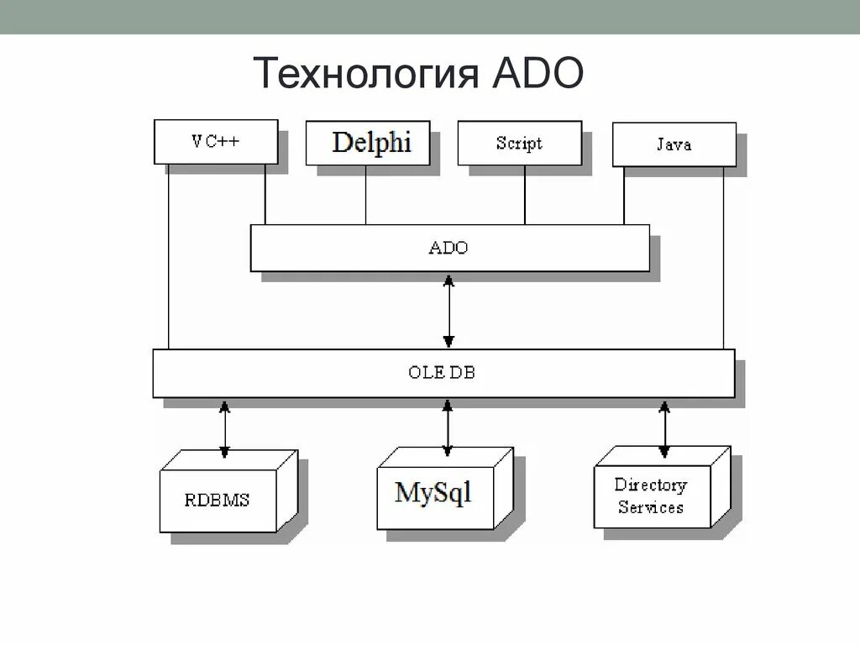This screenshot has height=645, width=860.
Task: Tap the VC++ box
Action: point(216,141)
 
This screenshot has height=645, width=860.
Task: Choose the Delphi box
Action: point(370,143)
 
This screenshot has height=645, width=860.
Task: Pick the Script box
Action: point(519,143)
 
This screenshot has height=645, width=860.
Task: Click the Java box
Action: point(674,144)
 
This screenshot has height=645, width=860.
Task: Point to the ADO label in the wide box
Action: point(448,248)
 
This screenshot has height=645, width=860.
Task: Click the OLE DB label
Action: point(442,373)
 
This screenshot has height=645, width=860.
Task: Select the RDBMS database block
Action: point(218,501)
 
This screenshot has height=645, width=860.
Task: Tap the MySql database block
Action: point(433,492)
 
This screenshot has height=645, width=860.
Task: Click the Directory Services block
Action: point(651,496)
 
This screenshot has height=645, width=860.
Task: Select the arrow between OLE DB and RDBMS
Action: point(224,428)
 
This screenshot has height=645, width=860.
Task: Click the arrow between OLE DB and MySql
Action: point(448,427)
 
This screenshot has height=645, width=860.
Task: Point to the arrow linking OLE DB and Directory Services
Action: point(664,428)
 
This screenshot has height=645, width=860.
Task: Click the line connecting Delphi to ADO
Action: point(365,195)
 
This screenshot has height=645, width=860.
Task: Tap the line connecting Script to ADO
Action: point(525,195)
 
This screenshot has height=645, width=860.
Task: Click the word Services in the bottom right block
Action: point(651,507)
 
